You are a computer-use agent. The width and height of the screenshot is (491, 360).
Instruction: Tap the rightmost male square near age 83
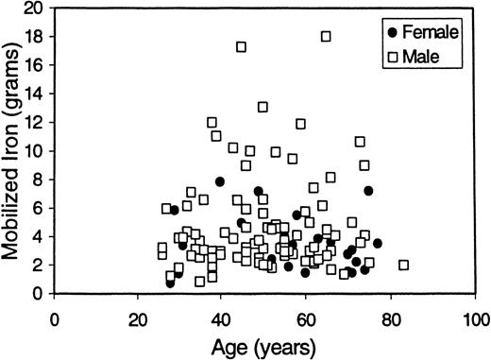(404, 266)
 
